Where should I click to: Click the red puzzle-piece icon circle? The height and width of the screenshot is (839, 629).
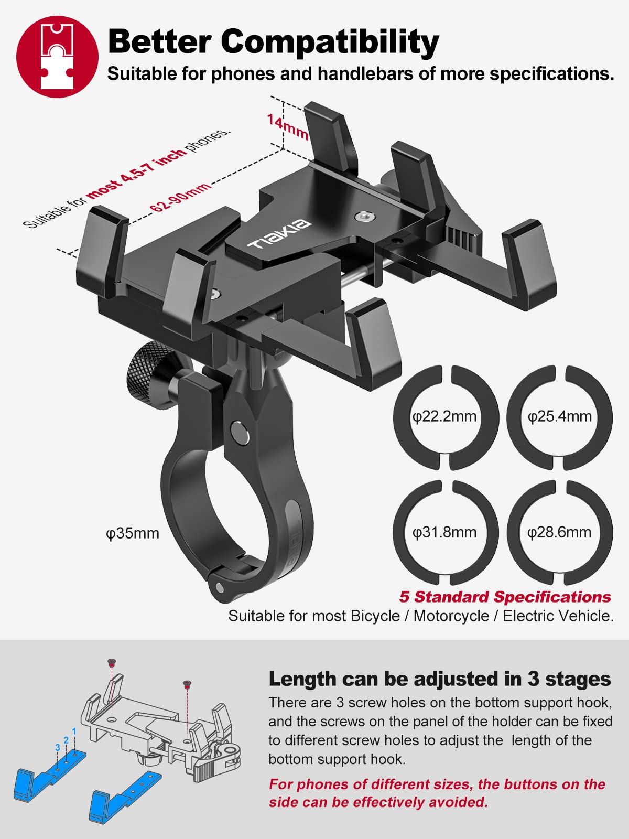[x=57, y=57]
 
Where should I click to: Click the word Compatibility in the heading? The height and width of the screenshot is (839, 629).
[x=330, y=41]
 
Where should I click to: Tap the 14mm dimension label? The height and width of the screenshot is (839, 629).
[x=287, y=127]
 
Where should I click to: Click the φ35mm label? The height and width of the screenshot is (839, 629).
[x=133, y=533]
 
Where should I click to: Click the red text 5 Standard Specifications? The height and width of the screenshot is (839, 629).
[x=505, y=597]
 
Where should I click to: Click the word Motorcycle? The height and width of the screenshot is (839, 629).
[x=451, y=616]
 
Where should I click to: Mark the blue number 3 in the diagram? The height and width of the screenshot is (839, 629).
[x=57, y=748]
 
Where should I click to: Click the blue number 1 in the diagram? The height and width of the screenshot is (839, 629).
[x=74, y=731]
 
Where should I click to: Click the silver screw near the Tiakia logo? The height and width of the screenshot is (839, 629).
[x=362, y=216]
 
